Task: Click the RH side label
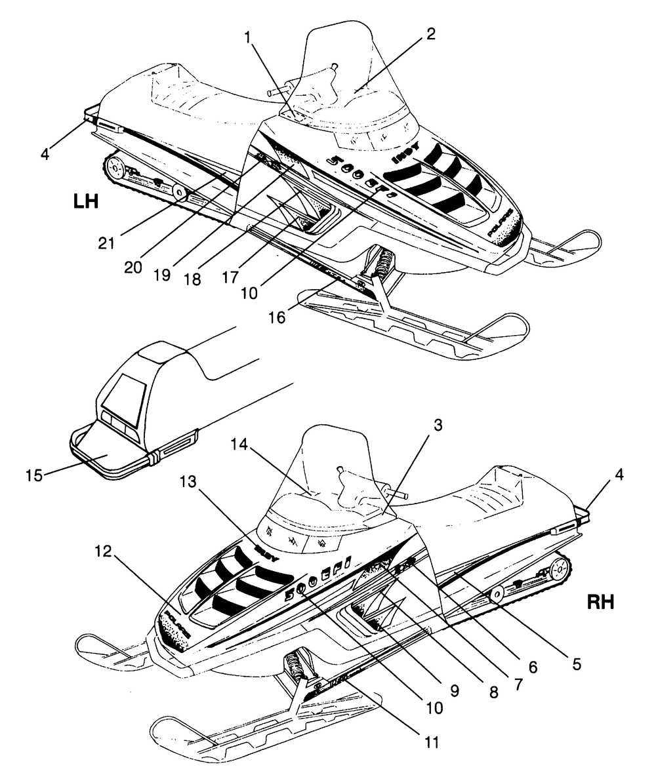[x=600, y=602]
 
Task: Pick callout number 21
[x=106, y=243]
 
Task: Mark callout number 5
[x=577, y=664]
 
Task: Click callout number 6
[x=531, y=667]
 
